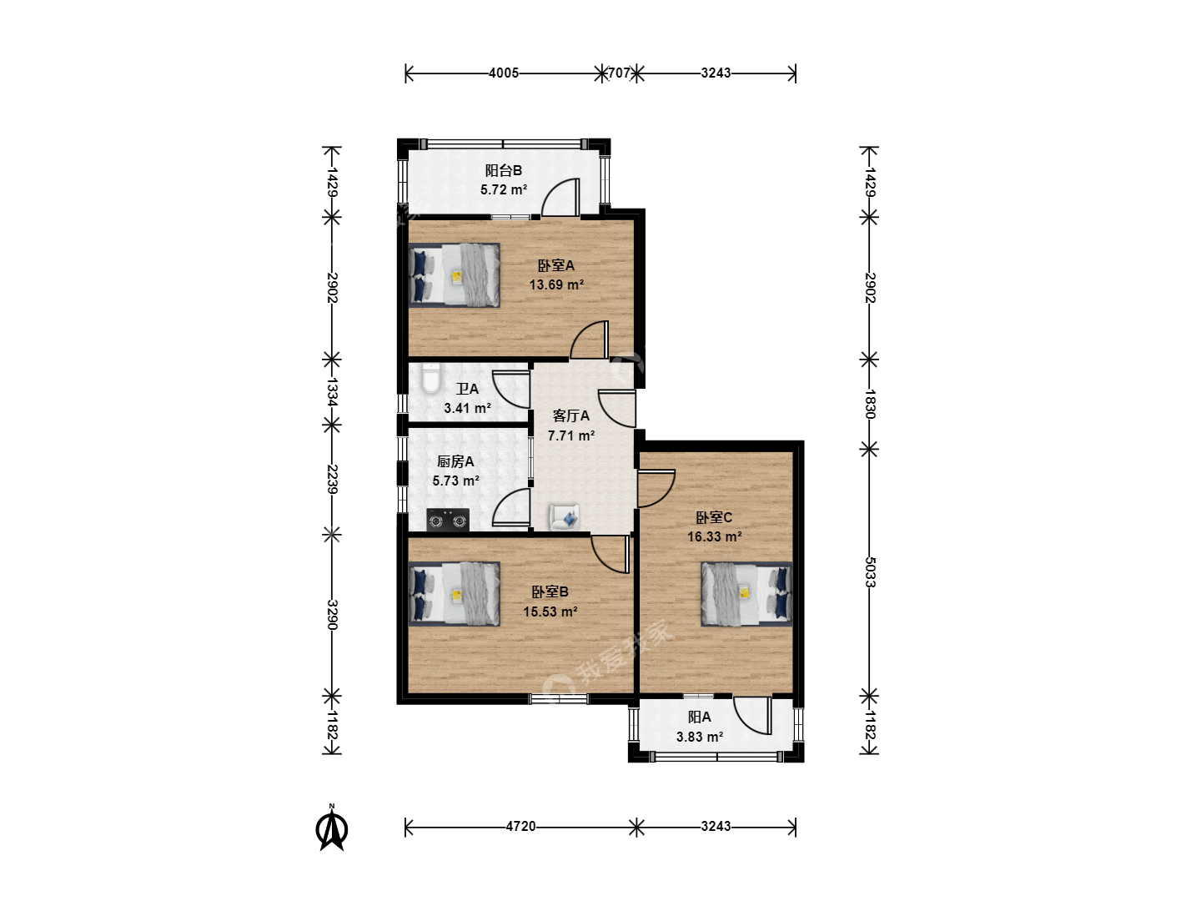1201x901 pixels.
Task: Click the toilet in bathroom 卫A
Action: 431,378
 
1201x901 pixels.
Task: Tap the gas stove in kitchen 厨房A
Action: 448,519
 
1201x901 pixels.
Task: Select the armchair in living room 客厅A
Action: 565,516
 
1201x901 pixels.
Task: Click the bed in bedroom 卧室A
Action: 455,274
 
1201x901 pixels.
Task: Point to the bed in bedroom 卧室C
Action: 746,593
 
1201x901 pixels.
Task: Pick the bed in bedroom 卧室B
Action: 455,593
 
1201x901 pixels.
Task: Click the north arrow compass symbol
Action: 332,828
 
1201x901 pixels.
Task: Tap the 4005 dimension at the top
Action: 504,73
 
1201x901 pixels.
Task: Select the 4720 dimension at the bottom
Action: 520,826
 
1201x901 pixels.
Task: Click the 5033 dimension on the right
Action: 870,571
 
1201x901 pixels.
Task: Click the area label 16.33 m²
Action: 714,536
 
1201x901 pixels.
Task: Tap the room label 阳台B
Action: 504,170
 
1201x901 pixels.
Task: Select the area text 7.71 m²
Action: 571,435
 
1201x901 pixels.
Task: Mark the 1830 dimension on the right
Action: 870,404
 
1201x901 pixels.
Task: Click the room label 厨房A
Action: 455,461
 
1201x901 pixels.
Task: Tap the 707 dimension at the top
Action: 619,73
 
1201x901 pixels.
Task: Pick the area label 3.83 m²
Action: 700,737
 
